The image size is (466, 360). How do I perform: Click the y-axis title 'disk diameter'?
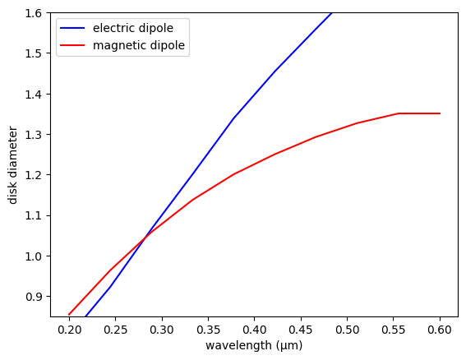pos(13,164)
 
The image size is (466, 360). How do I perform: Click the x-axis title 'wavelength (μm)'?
pos(254,346)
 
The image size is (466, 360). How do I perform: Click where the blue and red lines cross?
pos(145,238)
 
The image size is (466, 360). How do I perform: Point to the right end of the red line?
pos(440,113)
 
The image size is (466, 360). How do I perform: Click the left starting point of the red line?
pos(69,315)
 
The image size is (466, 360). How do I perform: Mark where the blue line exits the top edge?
pos(331,13)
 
